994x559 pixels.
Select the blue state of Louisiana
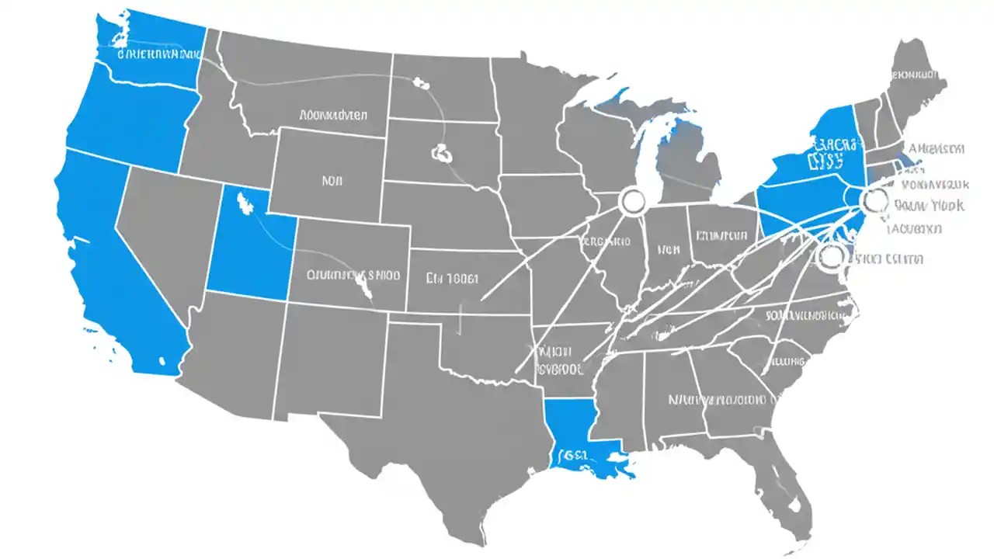[579, 435]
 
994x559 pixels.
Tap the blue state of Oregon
[132, 116]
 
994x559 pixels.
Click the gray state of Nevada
[163, 233]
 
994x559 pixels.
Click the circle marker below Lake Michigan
[633, 202]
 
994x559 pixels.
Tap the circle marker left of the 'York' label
[874, 200]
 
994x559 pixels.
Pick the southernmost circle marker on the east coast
[831, 255]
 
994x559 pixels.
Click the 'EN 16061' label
[453, 278]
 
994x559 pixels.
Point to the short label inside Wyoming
[332, 181]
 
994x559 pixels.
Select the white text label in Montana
[333, 115]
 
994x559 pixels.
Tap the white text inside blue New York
[836, 153]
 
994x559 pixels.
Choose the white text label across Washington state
[159, 55]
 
